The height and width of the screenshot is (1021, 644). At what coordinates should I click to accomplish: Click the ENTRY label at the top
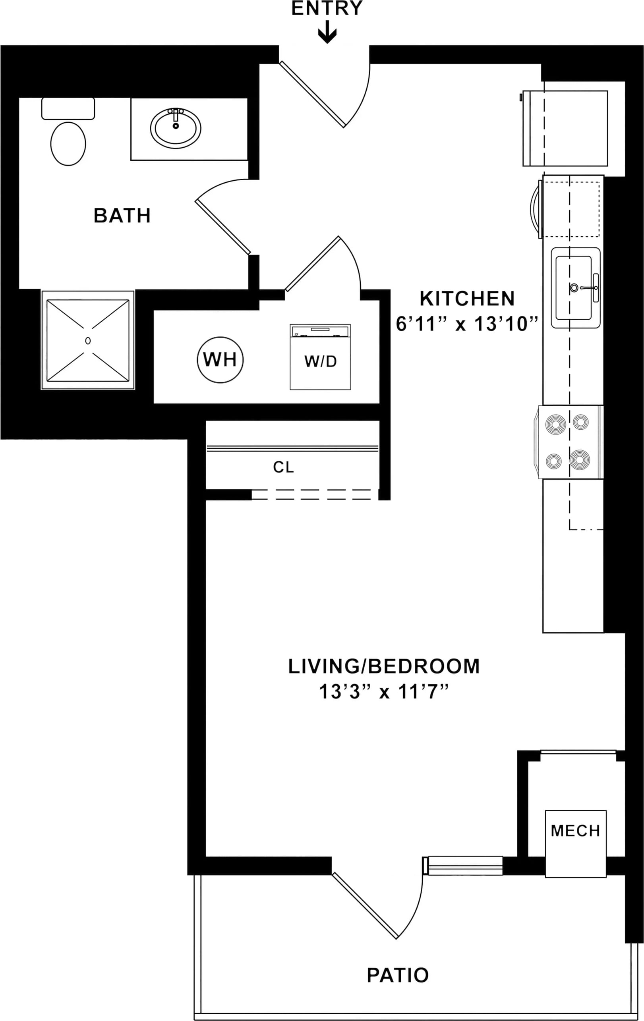327,8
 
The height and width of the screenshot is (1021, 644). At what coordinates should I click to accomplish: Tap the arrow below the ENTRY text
327,33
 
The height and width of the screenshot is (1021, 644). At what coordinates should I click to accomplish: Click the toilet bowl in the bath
68,144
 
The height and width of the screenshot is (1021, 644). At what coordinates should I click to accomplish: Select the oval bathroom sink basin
176,128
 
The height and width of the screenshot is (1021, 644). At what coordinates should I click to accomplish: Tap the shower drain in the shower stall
88,340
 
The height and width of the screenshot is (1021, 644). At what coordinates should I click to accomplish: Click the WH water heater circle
220,359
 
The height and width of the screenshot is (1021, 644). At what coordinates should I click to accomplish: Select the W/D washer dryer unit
320,357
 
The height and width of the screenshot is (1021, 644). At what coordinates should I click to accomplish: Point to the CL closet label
283,467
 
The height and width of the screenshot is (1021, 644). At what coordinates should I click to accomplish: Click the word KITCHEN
467,299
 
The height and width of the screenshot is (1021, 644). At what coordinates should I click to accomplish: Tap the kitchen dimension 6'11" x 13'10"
467,324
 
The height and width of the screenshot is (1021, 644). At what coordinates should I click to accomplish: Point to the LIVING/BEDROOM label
384,666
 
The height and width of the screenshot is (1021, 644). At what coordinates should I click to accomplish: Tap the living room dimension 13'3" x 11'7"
384,691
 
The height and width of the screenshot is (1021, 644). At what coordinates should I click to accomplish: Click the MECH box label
575,831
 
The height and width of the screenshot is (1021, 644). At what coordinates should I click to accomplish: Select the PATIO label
398,975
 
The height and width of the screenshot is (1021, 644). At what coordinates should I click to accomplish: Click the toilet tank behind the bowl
68,108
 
